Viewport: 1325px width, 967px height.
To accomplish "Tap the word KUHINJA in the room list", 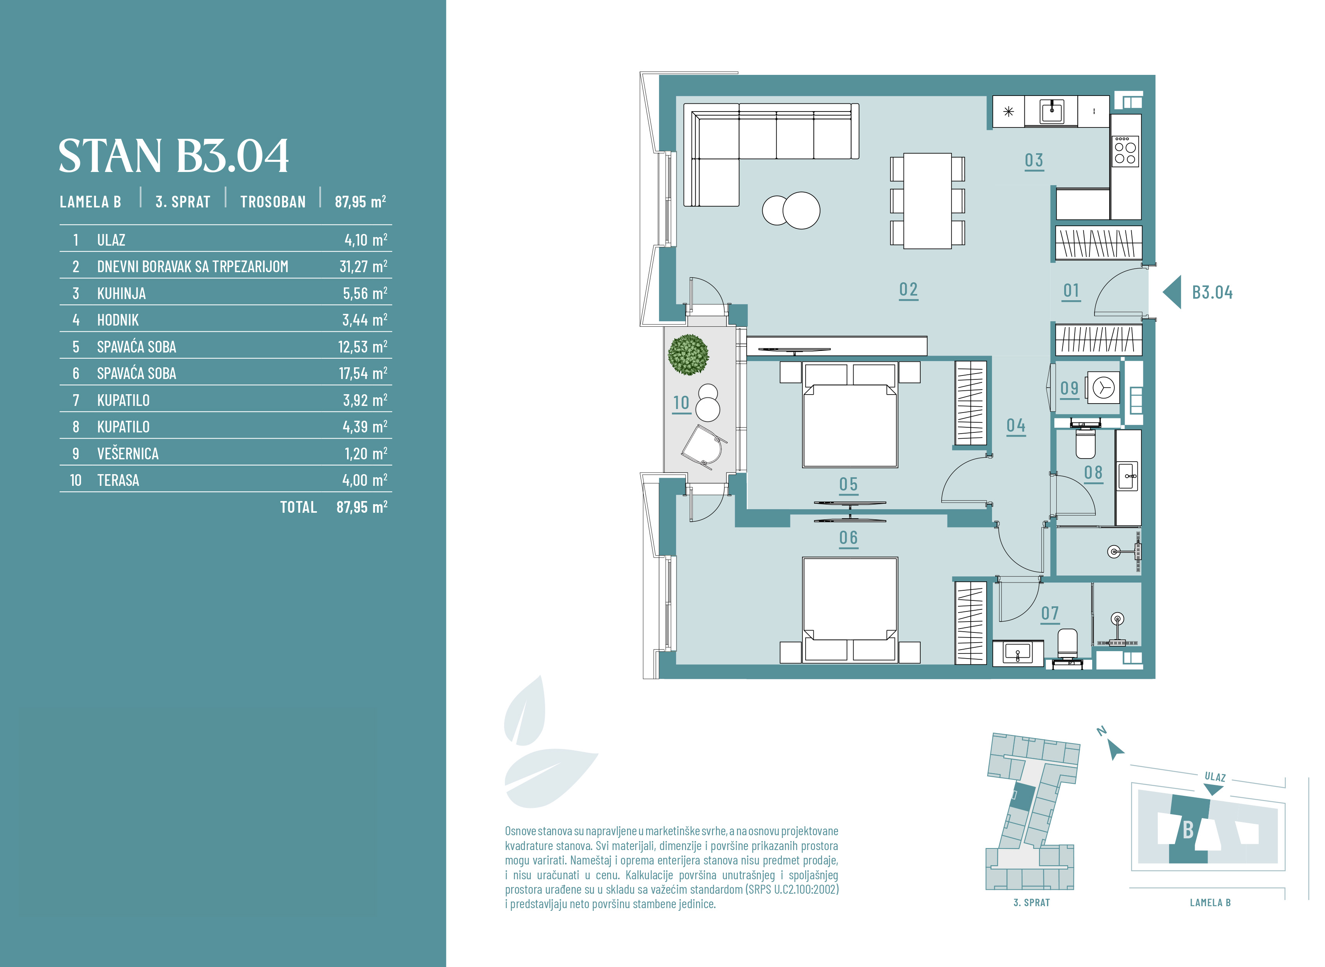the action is pyautogui.click(x=121, y=293).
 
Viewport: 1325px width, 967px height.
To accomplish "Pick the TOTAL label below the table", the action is pyautogui.click(x=298, y=507).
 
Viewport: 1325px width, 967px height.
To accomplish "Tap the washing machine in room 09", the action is pyautogui.click(x=1103, y=387).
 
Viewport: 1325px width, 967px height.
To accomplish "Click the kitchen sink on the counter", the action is pyautogui.click(x=1052, y=111).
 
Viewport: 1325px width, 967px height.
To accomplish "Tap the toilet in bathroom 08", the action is pyautogui.click(x=1086, y=444).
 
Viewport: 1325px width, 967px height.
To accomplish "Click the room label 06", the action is pyautogui.click(x=848, y=537).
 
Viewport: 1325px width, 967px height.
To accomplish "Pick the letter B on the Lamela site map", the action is pyautogui.click(x=1188, y=829).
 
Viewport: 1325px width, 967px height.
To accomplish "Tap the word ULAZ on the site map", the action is pyautogui.click(x=1215, y=777).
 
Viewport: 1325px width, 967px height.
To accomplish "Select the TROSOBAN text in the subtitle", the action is pyautogui.click(x=273, y=202).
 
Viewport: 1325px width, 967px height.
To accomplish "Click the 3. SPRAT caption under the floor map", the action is pyautogui.click(x=1031, y=903).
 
